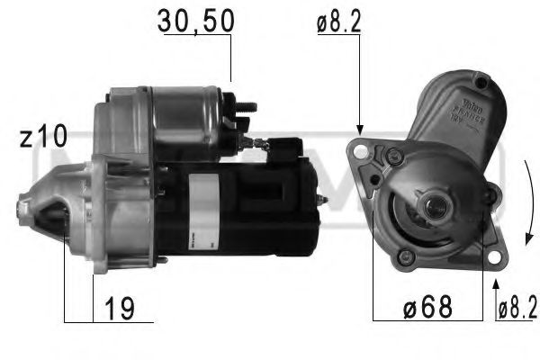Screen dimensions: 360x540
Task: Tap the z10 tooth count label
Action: click(43, 138)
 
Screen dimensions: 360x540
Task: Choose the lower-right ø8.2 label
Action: click(517, 309)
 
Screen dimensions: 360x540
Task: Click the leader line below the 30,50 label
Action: click(230, 59)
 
